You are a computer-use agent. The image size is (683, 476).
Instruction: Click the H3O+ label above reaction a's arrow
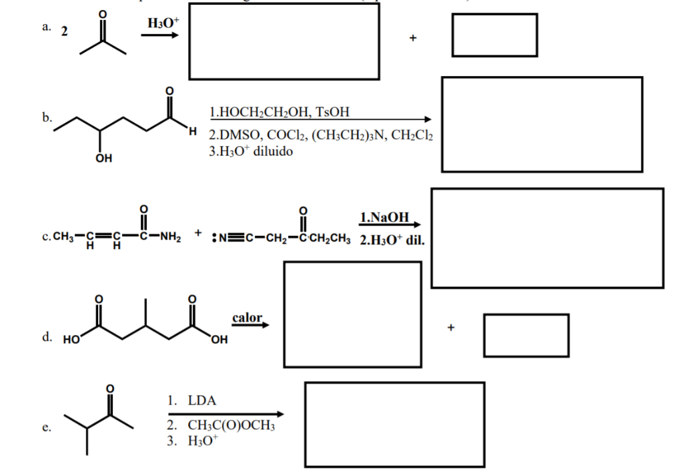coord(163,23)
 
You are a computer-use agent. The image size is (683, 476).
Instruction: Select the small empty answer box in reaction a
coord(494,35)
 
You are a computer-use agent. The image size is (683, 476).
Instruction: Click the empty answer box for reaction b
coord(542,124)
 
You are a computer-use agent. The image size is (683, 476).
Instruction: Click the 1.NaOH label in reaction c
coord(384,218)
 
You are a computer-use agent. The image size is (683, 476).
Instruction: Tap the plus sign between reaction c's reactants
coord(199,234)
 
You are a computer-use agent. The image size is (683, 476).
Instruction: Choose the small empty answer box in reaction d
coord(526,334)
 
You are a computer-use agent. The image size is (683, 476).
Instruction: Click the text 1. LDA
coord(191,401)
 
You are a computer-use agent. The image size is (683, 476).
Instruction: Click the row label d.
coord(47,338)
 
